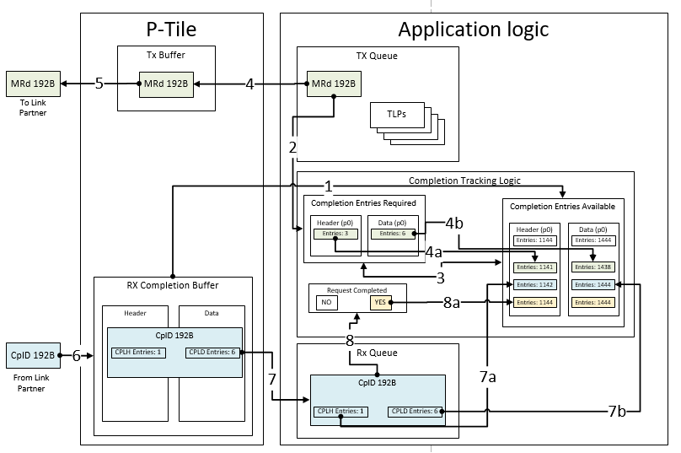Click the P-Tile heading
coord(171,30)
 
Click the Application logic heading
coord(473,30)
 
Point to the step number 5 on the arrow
coord(99,84)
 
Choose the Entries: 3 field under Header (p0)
coord(335,234)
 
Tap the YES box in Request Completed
coord(379,302)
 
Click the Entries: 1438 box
coord(593,266)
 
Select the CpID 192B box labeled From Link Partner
coord(33,355)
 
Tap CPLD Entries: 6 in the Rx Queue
coord(414,411)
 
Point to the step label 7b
coord(617,412)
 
